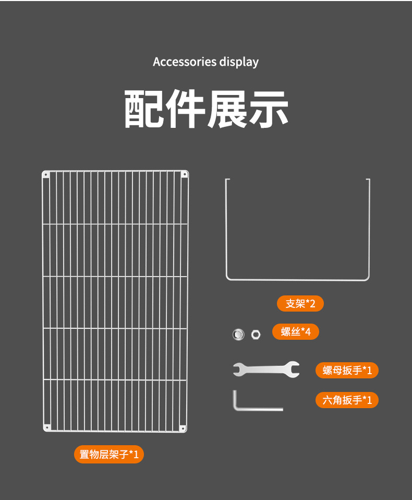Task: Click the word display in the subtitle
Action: (x=239, y=62)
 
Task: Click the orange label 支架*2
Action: (x=300, y=303)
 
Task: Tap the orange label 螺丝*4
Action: (x=296, y=331)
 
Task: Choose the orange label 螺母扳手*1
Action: (x=347, y=371)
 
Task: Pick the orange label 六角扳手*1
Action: (x=347, y=400)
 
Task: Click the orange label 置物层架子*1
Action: (x=108, y=454)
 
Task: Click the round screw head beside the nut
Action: (x=238, y=334)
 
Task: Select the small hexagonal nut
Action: (x=256, y=334)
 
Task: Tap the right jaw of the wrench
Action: (x=293, y=370)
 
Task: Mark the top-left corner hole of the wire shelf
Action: (x=46, y=174)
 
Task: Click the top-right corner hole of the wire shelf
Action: (x=184, y=174)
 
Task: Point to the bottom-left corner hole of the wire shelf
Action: (x=46, y=428)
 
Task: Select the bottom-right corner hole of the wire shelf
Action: (x=183, y=428)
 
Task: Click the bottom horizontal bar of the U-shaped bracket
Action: (x=297, y=279)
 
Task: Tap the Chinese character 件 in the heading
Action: (x=185, y=109)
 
